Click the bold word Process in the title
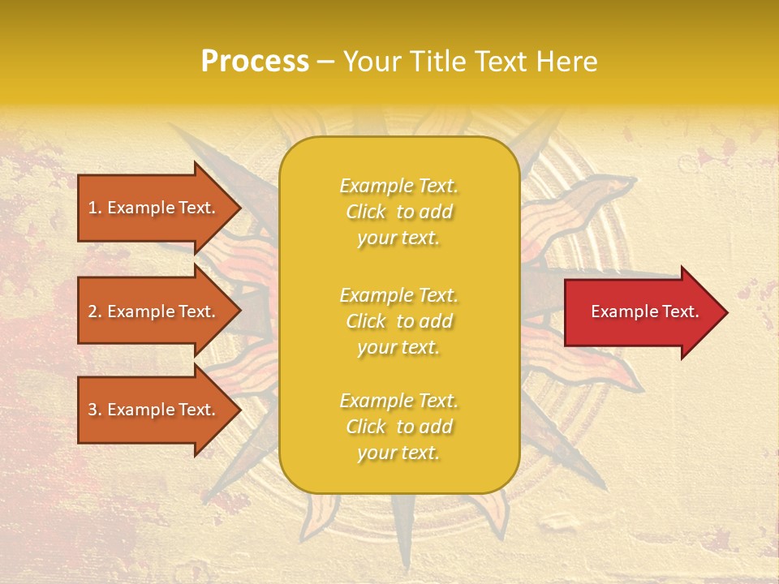[x=255, y=62]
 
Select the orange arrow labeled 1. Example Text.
[x=154, y=208]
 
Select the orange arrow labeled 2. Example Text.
[x=154, y=311]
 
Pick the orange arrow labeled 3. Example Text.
[x=154, y=410]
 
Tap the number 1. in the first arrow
[x=94, y=208]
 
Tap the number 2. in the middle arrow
[x=94, y=311]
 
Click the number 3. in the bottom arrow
[x=94, y=410]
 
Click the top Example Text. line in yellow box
[x=398, y=186]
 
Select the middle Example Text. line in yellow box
[x=398, y=295]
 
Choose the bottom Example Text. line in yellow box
[x=398, y=401]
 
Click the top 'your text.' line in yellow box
[x=398, y=238]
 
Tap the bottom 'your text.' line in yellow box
[x=398, y=453]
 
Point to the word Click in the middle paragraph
[x=366, y=321]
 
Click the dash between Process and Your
[x=326, y=62]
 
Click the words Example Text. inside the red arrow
[x=644, y=311]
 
